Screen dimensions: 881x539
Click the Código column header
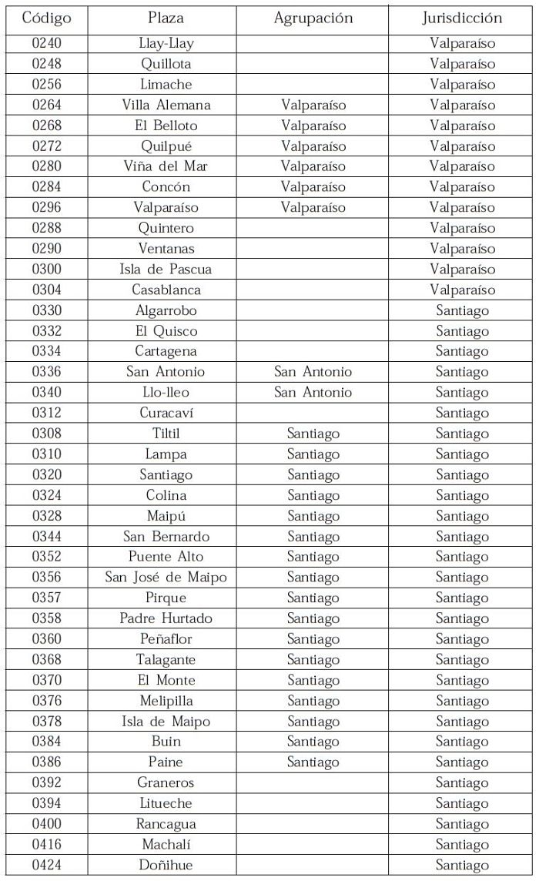[x=46, y=18]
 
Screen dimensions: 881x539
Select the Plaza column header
[x=166, y=18]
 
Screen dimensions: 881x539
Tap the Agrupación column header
[x=313, y=18]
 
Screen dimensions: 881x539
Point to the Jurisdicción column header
[x=462, y=18]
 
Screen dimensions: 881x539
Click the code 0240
[x=46, y=43]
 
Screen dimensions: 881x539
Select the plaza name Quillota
[x=166, y=64]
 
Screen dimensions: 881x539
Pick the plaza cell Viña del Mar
[x=166, y=166]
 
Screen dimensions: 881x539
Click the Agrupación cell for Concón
[x=313, y=187]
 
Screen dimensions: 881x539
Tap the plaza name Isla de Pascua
[x=166, y=270]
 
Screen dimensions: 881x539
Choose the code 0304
[x=46, y=290]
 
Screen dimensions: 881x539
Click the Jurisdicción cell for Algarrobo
[x=462, y=310]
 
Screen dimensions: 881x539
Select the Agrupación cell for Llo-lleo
[x=313, y=393]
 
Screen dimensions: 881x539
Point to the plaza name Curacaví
[x=166, y=413]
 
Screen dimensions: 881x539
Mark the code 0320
[x=46, y=474]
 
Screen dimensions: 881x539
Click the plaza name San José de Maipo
[x=166, y=578]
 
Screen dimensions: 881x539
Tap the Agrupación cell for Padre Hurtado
[x=313, y=618]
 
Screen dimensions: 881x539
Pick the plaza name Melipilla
[x=166, y=701]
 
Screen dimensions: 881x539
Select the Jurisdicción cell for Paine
[x=462, y=762]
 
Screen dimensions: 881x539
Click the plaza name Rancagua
[x=166, y=824]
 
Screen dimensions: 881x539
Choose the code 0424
[x=46, y=865]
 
